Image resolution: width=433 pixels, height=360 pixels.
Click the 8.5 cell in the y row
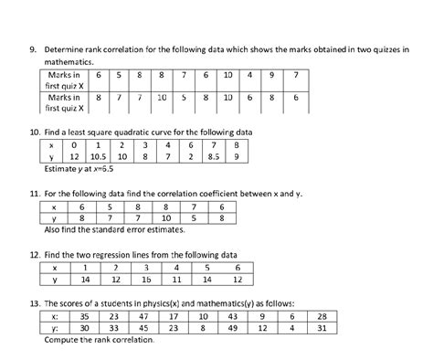tap(212, 156)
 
